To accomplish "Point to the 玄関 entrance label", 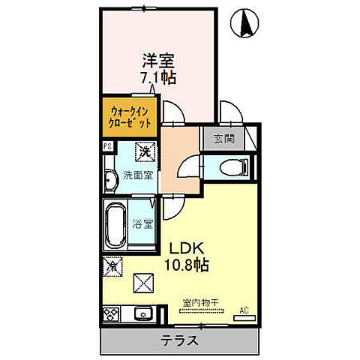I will point(222,138).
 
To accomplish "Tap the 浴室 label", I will point(142,223).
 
